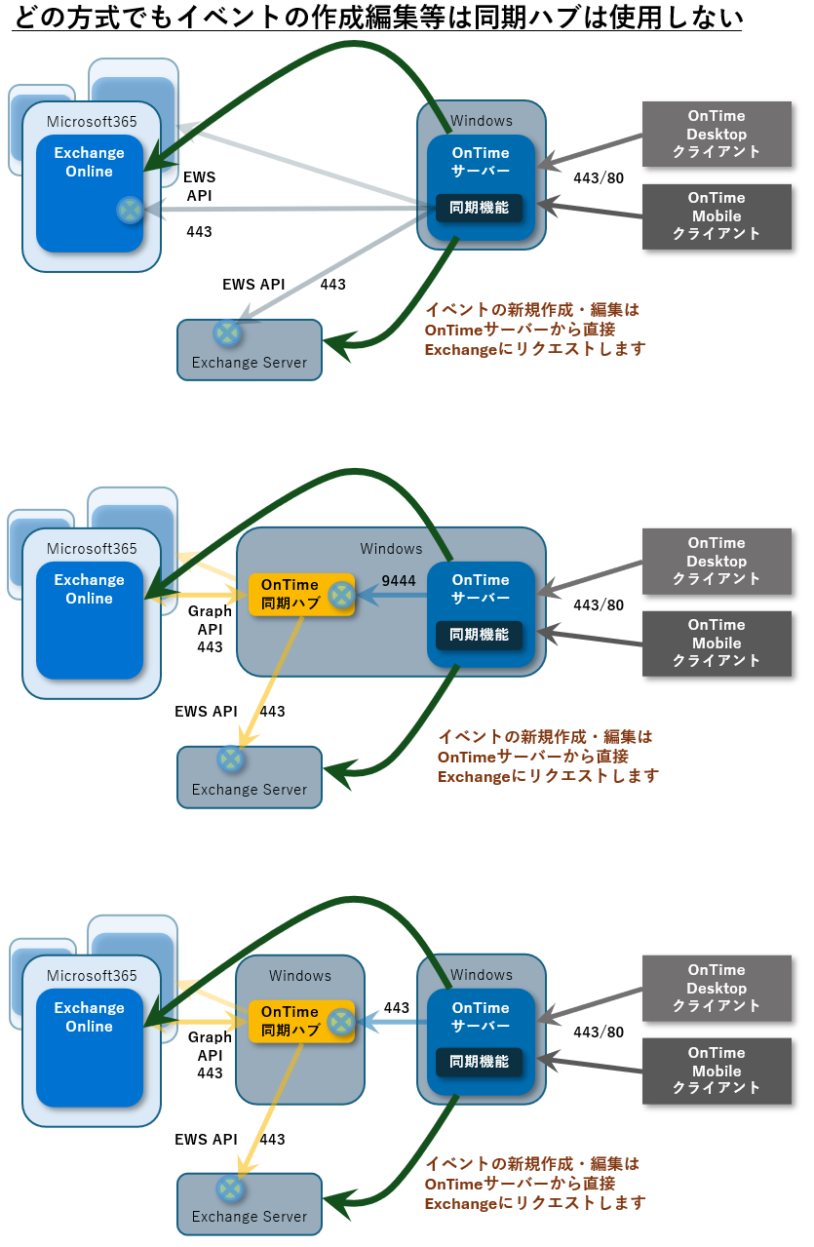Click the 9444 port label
pyautogui.click(x=399, y=581)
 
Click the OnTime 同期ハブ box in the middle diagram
pyautogui.click(x=301, y=595)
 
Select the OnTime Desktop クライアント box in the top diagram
pyautogui.click(x=717, y=135)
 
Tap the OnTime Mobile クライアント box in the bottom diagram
pyautogui.click(x=717, y=1071)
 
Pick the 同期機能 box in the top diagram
pyautogui.click(x=479, y=208)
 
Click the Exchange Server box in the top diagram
pyautogui.click(x=250, y=350)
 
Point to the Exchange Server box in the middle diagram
pyautogui.click(x=250, y=777)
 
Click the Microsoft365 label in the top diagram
pyautogui.click(x=92, y=121)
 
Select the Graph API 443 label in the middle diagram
pyautogui.click(x=210, y=629)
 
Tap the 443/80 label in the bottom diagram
pyautogui.click(x=599, y=1032)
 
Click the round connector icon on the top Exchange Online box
pyautogui.click(x=131, y=210)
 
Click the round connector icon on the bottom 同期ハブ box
pyautogui.click(x=341, y=1022)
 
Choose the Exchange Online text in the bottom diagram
pyautogui.click(x=89, y=1017)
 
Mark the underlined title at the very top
pyautogui.click(x=377, y=18)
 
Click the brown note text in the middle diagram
pyautogui.click(x=548, y=756)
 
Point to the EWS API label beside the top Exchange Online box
pyautogui.click(x=199, y=186)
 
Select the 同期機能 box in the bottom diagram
pyautogui.click(x=479, y=1061)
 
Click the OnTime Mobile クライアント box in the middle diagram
pyautogui.click(x=717, y=643)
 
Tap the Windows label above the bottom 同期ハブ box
pyautogui.click(x=300, y=975)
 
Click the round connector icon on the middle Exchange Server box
pyautogui.click(x=230, y=759)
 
